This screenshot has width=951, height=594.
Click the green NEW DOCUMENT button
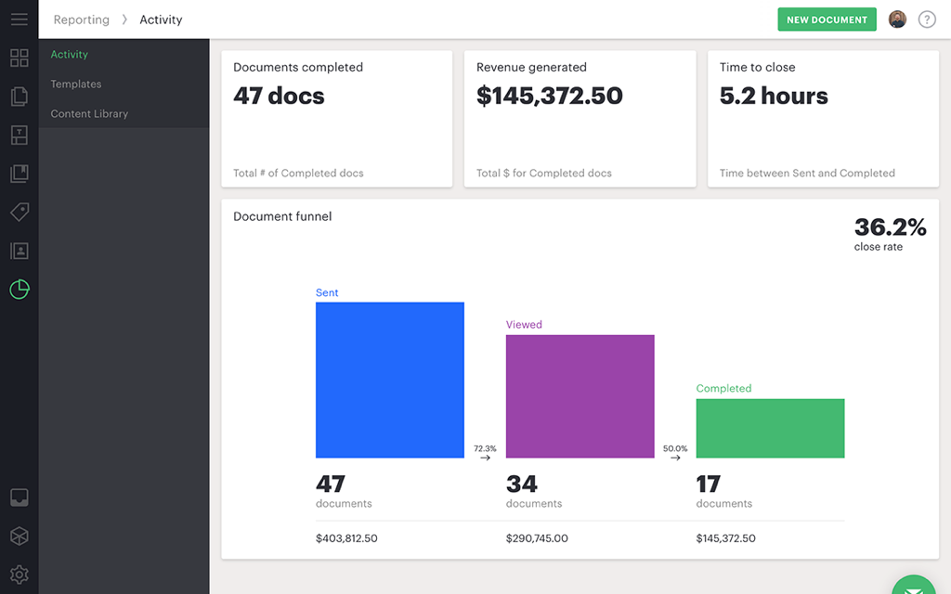(x=827, y=19)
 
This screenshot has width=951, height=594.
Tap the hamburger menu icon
(x=20, y=19)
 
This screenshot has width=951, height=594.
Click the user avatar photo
(x=897, y=19)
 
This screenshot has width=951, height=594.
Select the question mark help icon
(x=927, y=19)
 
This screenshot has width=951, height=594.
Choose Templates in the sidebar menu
(x=76, y=84)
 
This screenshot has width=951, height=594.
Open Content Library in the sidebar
(x=89, y=114)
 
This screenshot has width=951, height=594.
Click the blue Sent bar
(x=389, y=380)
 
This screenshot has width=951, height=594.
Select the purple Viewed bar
(x=580, y=396)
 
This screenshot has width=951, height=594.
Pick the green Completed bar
(x=770, y=428)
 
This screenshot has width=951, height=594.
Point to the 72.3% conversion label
(x=485, y=449)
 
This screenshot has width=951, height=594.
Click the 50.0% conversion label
(x=675, y=449)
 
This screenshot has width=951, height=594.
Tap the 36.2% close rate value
(x=890, y=227)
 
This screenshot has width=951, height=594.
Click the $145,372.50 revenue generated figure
(x=549, y=97)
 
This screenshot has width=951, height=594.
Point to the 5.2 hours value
(x=774, y=97)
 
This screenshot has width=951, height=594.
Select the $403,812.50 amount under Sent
(x=346, y=538)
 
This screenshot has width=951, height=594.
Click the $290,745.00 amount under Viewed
(x=537, y=538)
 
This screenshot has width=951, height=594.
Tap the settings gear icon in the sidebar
(x=20, y=575)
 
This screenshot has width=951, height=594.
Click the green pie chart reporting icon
(x=20, y=290)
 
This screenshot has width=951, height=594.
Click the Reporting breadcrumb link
(x=81, y=19)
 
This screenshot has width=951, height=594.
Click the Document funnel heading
(x=282, y=216)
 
